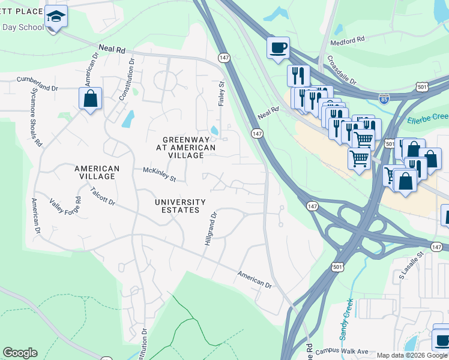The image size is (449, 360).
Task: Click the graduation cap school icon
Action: click(x=56, y=16)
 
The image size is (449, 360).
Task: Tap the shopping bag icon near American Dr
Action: click(x=90, y=99)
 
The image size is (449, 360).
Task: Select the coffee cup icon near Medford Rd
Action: click(x=278, y=47)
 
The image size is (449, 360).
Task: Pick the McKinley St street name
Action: click(x=159, y=175)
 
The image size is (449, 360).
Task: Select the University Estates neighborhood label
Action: click(x=180, y=206)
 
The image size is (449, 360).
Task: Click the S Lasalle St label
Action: click(x=411, y=266)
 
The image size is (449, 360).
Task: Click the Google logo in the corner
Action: click(x=20, y=353)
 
